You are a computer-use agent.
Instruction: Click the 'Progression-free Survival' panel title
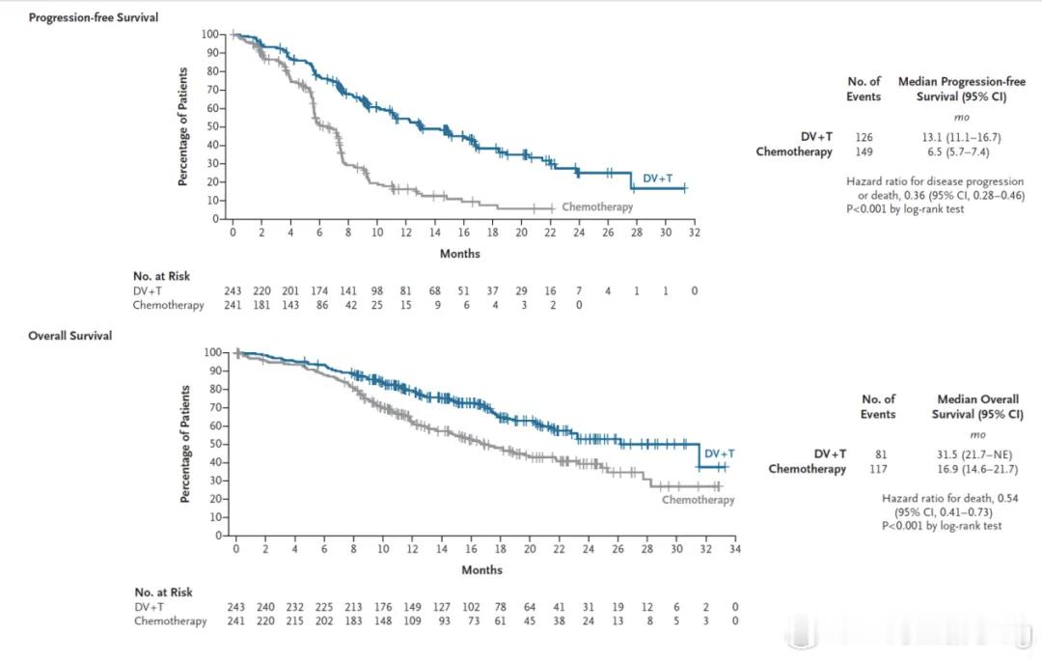click(94, 18)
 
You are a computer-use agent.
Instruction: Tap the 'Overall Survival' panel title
click(70, 336)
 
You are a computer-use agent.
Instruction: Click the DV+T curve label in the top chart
click(657, 179)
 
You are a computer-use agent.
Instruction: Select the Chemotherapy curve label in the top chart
click(597, 206)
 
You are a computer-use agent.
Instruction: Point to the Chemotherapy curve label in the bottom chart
click(699, 500)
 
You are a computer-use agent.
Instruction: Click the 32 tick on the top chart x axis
click(694, 233)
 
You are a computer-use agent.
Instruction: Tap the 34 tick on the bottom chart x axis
click(734, 549)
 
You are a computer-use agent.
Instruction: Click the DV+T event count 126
click(864, 137)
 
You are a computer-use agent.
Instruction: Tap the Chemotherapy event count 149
click(864, 151)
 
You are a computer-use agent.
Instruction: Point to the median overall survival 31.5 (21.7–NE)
click(977, 454)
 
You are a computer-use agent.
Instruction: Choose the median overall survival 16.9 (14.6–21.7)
click(977, 469)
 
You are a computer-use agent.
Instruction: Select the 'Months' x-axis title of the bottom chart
click(481, 570)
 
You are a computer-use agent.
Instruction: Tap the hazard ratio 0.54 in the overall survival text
click(1002, 498)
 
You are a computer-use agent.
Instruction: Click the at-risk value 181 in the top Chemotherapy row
click(262, 305)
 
